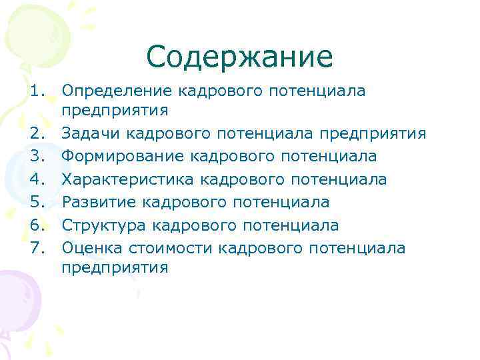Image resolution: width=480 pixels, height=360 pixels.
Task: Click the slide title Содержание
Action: point(239,57)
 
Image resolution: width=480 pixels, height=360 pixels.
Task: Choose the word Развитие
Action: point(94,202)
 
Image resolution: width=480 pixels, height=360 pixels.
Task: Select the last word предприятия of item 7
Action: point(115,269)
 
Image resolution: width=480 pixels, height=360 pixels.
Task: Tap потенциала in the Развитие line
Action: point(283,202)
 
